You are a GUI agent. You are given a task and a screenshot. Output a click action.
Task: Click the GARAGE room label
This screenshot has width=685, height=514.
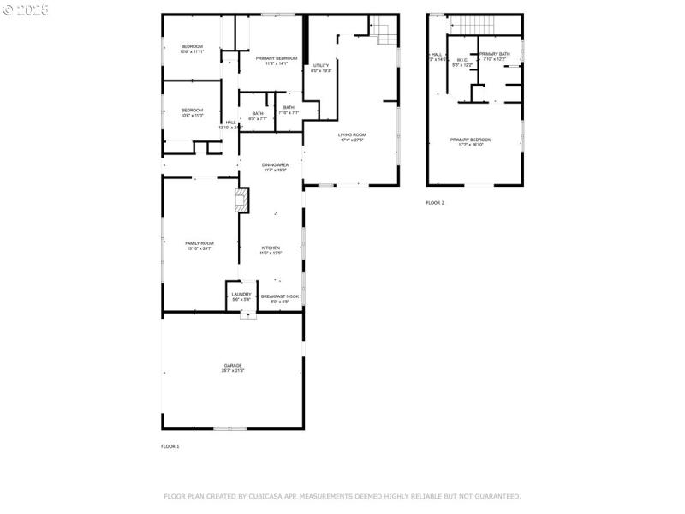pos(233,365)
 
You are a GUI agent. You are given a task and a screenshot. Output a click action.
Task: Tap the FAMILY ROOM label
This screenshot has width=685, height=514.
pos(200,243)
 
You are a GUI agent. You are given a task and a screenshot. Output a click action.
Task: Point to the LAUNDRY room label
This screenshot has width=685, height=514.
pos(241,294)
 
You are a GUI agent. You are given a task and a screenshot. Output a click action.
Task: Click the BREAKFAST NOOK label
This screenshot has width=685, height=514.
pos(280,296)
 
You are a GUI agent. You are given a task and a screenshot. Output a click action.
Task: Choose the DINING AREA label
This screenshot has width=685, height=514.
pos(275,164)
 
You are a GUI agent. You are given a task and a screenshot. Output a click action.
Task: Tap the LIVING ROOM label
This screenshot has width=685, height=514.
pos(351,134)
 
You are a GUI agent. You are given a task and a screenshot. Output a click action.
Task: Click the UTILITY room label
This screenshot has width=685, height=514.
pos(321,65)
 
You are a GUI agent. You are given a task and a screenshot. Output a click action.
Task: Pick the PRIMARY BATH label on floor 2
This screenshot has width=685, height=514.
pos(494,54)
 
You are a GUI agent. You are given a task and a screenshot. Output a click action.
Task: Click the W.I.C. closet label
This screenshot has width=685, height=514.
pos(462,60)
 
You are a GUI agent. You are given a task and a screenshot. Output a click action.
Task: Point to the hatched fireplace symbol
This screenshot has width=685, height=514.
pos(242,201)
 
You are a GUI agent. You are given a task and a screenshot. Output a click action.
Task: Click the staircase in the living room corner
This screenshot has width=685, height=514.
pos(384,33)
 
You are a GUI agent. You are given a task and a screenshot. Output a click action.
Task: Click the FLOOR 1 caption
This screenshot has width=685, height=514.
pos(170,446)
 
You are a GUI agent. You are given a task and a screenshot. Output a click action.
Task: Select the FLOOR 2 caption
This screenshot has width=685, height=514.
pos(435,203)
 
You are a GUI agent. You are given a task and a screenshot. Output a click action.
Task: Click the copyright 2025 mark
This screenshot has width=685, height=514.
pos(26,10)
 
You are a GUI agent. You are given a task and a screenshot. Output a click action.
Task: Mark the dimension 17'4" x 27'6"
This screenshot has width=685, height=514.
pos(351,140)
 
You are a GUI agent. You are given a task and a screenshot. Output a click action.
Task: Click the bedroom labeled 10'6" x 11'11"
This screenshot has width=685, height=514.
pos(191,51)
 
